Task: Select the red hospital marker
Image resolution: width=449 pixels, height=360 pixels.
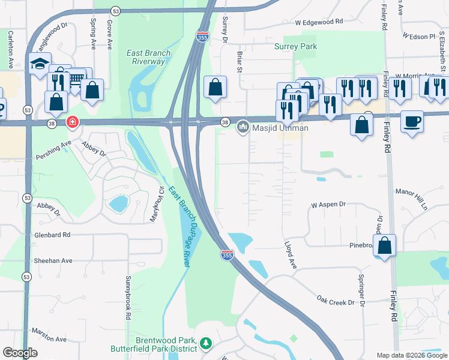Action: point(72,122)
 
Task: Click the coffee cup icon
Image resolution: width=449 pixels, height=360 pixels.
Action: point(411,121)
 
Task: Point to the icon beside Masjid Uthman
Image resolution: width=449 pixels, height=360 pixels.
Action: point(243,127)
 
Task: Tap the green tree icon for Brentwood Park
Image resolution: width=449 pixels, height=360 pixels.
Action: point(206,343)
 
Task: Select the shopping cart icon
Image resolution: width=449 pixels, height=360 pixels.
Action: point(75,78)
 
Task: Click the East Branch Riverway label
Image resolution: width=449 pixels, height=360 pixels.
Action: point(148,57)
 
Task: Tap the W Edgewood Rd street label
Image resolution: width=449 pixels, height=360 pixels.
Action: point(318,21)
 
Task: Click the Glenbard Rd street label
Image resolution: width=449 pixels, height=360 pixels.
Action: point(52,235)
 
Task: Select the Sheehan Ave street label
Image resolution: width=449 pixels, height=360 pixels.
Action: point(53,260)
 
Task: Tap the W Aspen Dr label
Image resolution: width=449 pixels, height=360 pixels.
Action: point(328,205)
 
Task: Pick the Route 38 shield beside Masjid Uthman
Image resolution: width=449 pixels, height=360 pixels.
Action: point(225,122)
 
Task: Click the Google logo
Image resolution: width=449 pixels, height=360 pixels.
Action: point(20,353)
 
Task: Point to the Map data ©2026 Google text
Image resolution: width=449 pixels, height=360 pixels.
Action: point(411,355)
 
